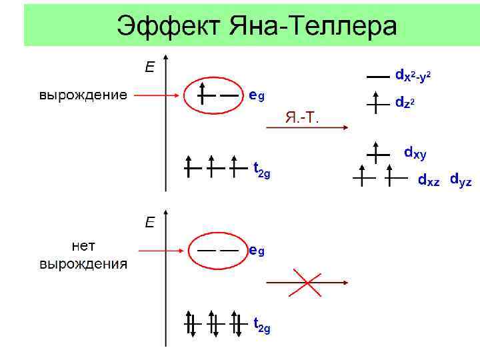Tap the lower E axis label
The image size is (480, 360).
pos(151,222)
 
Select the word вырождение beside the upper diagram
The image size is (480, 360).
pos(83,95)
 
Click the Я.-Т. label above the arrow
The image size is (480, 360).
pos(302,118)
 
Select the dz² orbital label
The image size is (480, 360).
pos(408,103)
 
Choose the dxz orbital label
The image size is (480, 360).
pos(429,180)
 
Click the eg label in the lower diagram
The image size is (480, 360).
pos(257,251)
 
